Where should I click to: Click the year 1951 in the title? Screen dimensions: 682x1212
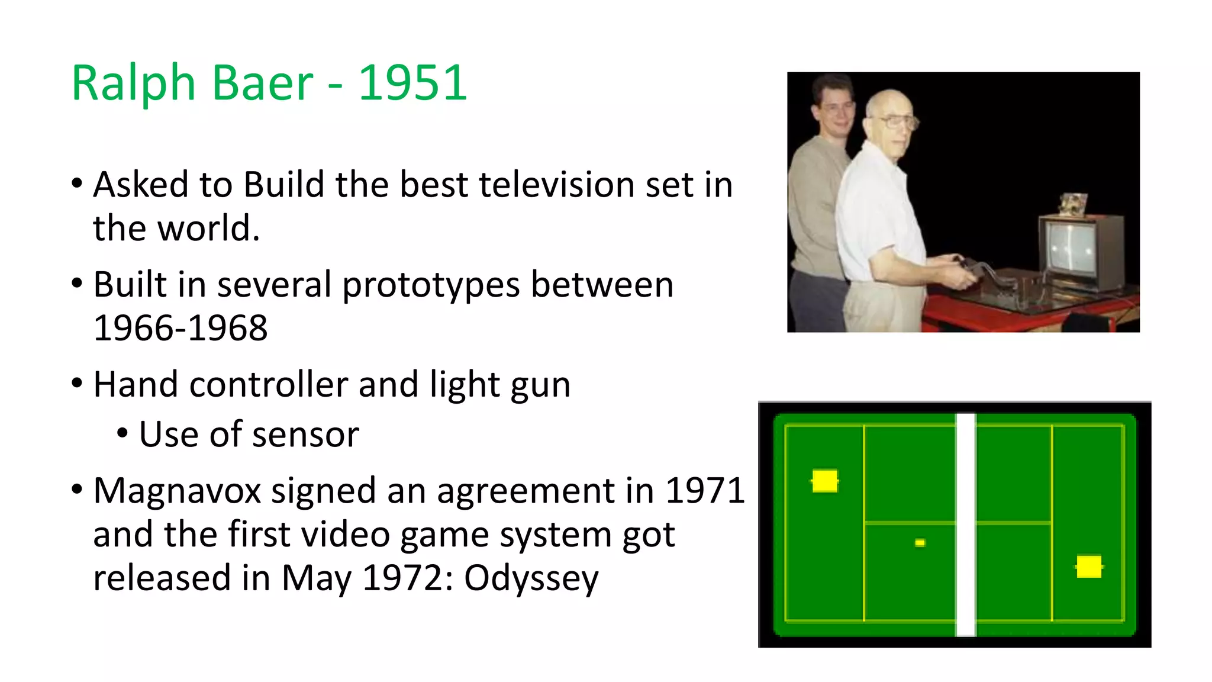(412, 83)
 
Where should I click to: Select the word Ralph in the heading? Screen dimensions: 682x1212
(133, 83)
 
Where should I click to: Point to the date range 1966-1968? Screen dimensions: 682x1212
(180, 328)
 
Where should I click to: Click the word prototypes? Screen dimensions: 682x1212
(431, 285)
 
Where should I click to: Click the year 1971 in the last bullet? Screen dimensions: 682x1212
(705, 491)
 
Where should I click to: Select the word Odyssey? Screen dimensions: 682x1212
(531, 578)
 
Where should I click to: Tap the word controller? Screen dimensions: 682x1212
(268, 385)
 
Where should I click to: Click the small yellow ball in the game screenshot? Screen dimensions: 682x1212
(920, 543)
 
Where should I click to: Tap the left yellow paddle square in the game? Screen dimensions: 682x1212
(824, 481)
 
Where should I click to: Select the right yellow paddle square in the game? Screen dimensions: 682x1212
(1089, 567)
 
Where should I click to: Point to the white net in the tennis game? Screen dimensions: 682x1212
(966, 524)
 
